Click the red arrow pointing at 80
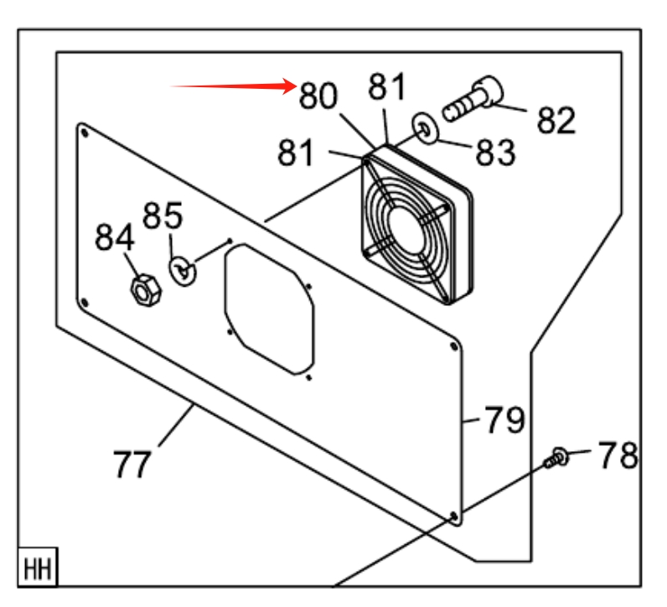[x=233, y=86]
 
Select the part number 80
[x=318, y=96]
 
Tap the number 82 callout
[x=556, y=121]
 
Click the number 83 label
[x=495, y=153]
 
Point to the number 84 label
[x=115, y=237]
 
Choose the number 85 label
[x=163, y=215]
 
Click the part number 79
[x=505, y=419]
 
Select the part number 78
[x=618, y=455]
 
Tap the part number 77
[x=132, y=464]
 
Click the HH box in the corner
[x=38, y=568]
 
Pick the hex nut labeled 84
[x=146, y=290]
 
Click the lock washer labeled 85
[x=183, y=270]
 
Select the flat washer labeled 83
[x=426, y=127]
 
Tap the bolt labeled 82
[x=473, y=98]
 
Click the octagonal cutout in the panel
[x=269, y=309]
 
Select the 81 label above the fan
[x=386, y=86]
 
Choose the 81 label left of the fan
[x=296, y=152]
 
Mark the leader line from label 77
[x=176, y=425]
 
